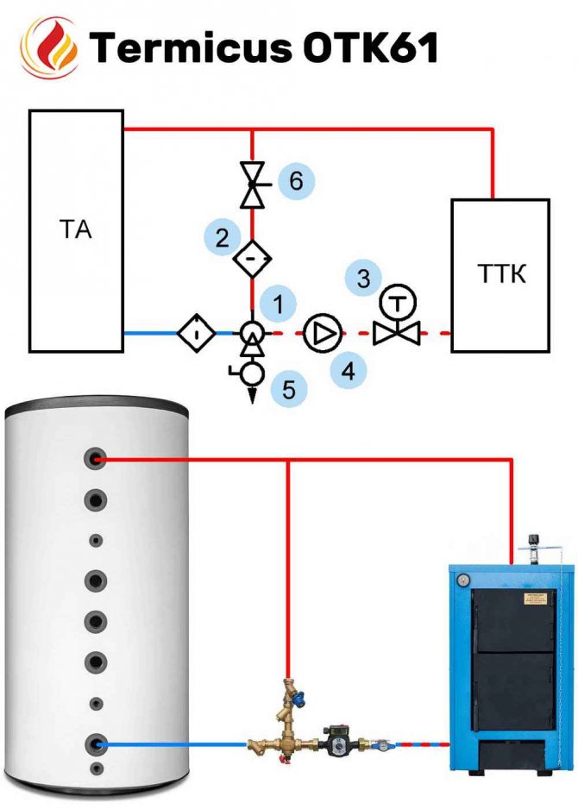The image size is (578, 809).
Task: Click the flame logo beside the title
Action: pyautogui.click(x=49, y=47)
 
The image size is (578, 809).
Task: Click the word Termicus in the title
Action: pyautogui.click(x=191, y=47)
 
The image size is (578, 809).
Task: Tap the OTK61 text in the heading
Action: pyautogui.click(x=370, y=47)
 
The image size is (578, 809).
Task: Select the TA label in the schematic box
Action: pyautogui.click(x=75, y=229)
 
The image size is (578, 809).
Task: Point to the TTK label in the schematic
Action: pyautogui.click(x=501, y=274)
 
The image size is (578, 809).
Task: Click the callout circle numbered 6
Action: pyautogui.click(x=296, y=180)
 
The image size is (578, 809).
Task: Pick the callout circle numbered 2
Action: pyautogui.click(x=223, y=237)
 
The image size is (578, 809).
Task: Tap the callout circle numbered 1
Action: pyautogui.click(x=278, y=304)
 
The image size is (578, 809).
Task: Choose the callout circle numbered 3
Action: pyautogui.click(x=364, y=278)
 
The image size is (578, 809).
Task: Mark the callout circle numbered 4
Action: pyautogui.click(x=349, y=371)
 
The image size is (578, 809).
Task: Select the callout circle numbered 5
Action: pyautogui.click(x=289, y=389)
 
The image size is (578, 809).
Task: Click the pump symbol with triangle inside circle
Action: pyautogui.click(x=323, y=333)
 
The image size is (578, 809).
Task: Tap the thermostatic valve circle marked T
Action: pyautogui.click(x=398, y=304)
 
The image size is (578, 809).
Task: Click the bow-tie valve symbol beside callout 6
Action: pyautogui.click(x=253, y=185)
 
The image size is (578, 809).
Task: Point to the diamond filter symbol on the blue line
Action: pyautogui.click(x=197, y=333)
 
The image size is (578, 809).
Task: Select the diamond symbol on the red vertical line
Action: pyautogui.click(x=252, y=259)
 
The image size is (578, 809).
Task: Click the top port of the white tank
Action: pyautogui.click(x=96, y=459)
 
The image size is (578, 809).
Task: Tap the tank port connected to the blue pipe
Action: pyautogui.click(x=96, y=743)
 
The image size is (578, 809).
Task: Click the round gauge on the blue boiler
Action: pyautogui.click(x=463, y=580)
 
